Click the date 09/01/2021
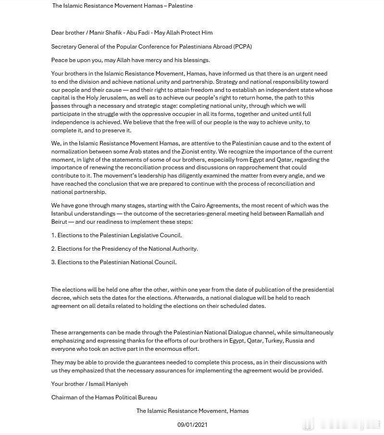point(192,424)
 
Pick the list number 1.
point(53,235)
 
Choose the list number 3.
point(53,262)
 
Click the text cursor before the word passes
point(52,105)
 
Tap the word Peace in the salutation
point(60,60)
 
